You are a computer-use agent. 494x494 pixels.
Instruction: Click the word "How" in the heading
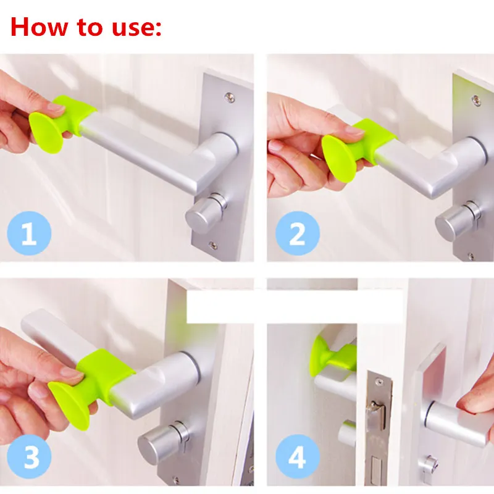pyautogui.click(x=40, y=27)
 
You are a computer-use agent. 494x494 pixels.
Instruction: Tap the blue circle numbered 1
pyautogui.click(x=29, y=233)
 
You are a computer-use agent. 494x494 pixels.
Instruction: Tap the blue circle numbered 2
pyautogui.click(x=298, y=233)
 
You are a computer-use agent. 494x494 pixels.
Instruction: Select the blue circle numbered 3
pyautogui.click(x=29, y=456)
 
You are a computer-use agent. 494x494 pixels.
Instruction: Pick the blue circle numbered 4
pyautogui.click(x=298, y=456)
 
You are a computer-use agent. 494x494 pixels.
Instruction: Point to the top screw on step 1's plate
pyautogui.click(x=230, y=98)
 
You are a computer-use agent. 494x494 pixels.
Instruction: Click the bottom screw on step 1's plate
pyautogui.click(x=213, y=245)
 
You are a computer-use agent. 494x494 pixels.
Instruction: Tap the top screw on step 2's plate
pyautogui.click(x=476, y=101)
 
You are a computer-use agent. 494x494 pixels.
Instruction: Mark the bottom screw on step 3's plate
pyautogui.click(x=176, y=481)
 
